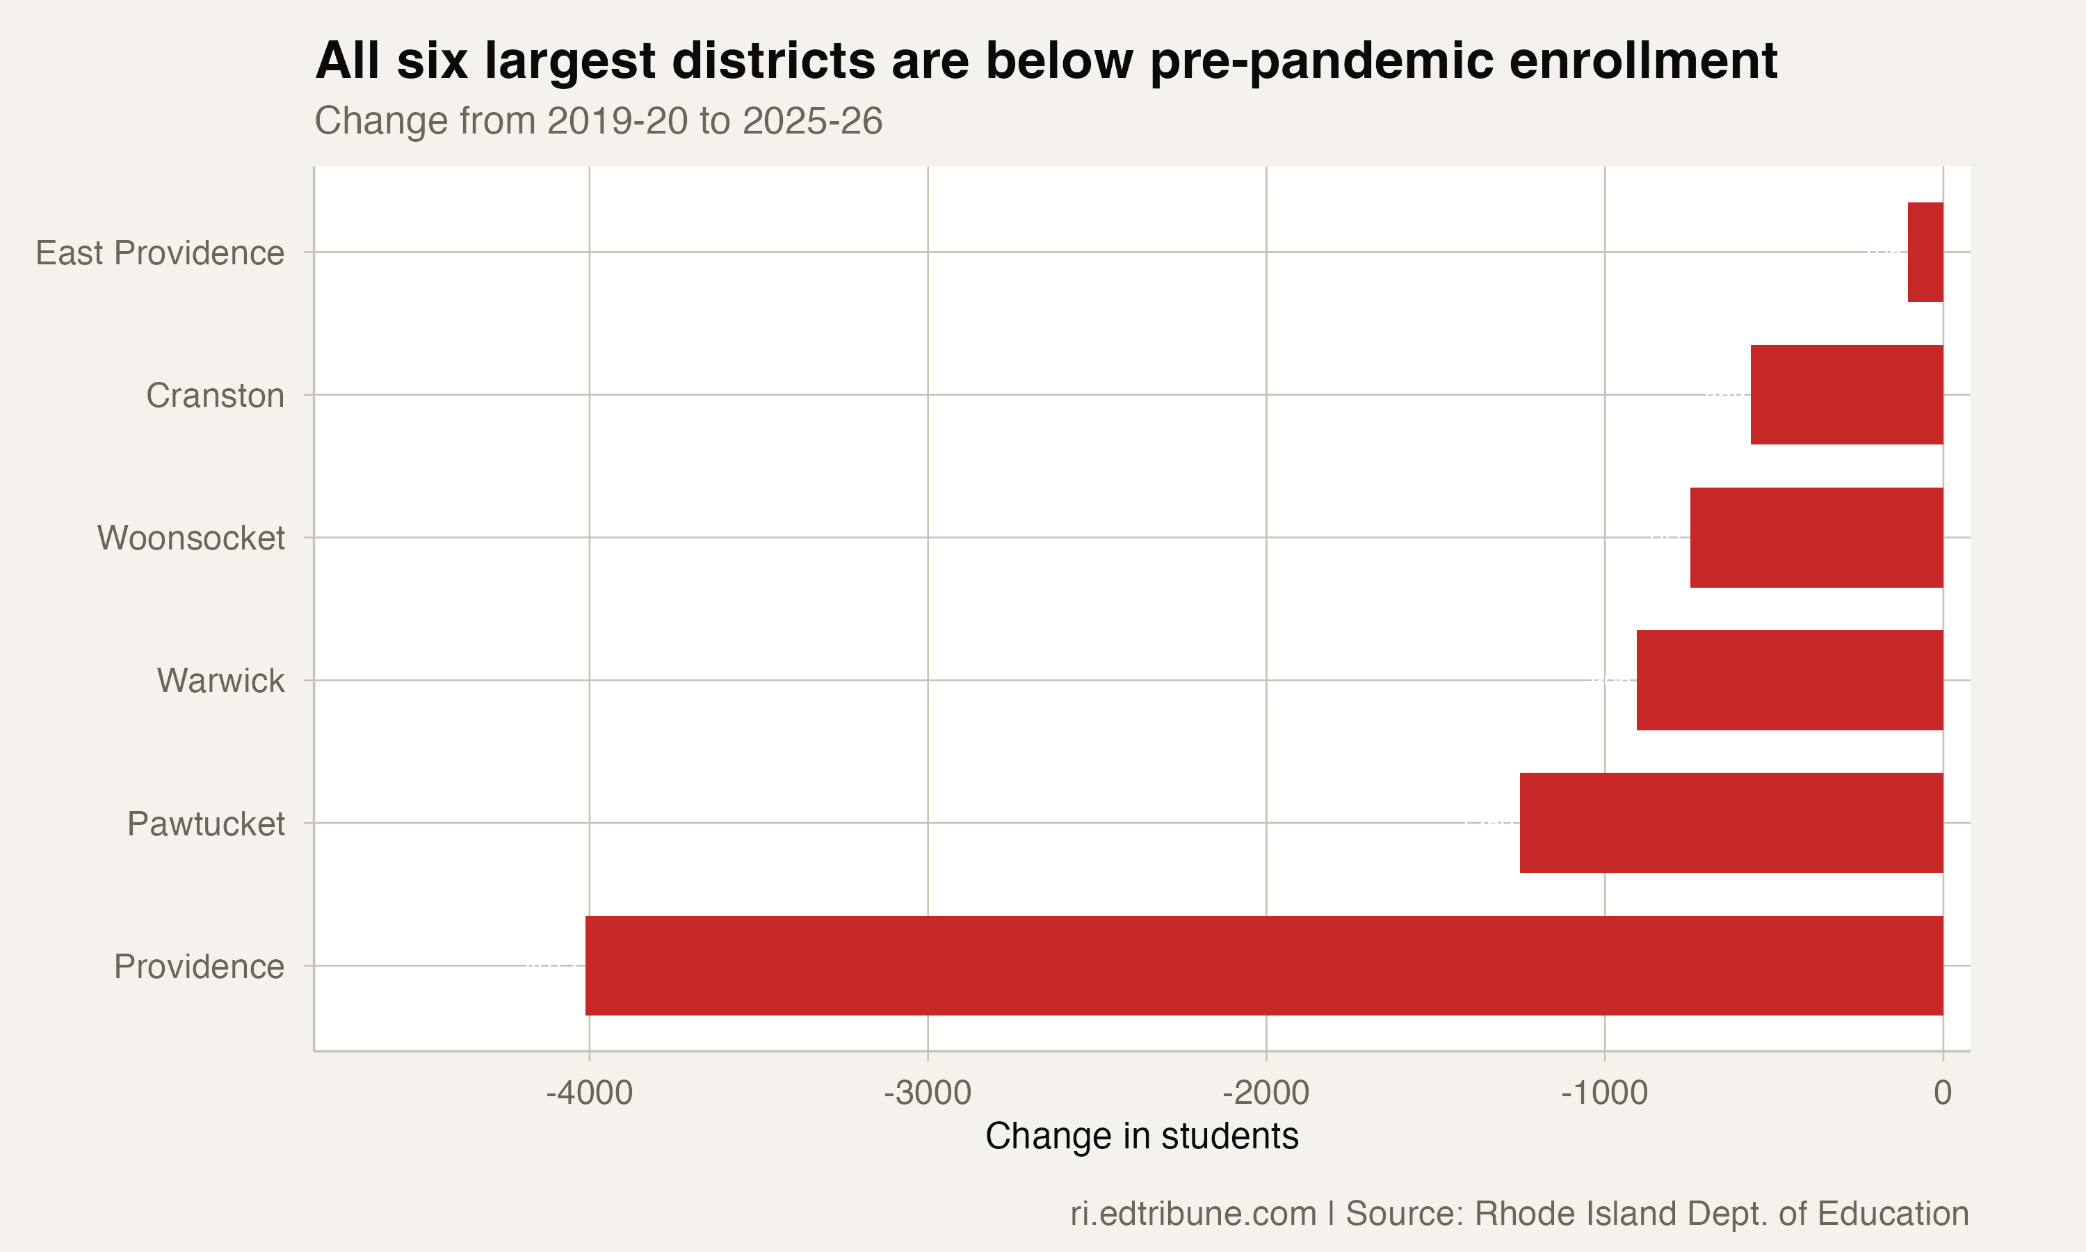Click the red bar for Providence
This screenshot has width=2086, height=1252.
coord(1264,965)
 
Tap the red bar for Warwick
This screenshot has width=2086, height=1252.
coord(1789,680)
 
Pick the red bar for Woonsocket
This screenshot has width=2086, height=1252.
coord(1816,538)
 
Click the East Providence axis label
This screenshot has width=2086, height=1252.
coord(159,253)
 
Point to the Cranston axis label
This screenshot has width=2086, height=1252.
coord(215,396)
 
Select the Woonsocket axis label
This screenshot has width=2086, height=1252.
coord(191,538)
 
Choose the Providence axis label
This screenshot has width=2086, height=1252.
coord(199,967)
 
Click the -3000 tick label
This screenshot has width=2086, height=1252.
coord(928,1093)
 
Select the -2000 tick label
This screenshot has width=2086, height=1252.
coord(1266,1093)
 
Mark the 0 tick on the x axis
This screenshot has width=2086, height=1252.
coord(1943,1093)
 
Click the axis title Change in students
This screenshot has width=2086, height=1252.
coord(1142,1137)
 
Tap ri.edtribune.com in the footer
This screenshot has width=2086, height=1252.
coord(1193,1214)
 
